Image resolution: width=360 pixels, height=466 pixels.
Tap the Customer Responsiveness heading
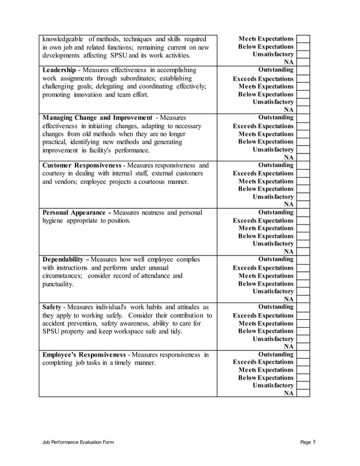point(84,165)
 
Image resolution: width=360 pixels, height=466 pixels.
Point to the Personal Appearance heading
point(77,212)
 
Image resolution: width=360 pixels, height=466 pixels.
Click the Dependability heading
point(65,259)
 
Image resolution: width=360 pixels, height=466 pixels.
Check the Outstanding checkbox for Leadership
point(303,70)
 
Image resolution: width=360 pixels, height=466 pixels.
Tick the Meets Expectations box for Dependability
point(303,276)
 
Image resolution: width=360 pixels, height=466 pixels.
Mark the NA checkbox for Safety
point(303,346)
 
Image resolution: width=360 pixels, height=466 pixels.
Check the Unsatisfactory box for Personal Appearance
point(303,244)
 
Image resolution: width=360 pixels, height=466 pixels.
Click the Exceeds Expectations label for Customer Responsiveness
point(263,173)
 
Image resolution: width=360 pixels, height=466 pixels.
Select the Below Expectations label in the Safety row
point(266,331)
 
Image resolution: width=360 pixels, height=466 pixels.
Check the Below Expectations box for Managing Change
point(303,142)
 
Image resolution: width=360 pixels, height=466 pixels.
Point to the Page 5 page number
point(308,443)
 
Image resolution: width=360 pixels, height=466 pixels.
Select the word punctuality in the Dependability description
point(58,284)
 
